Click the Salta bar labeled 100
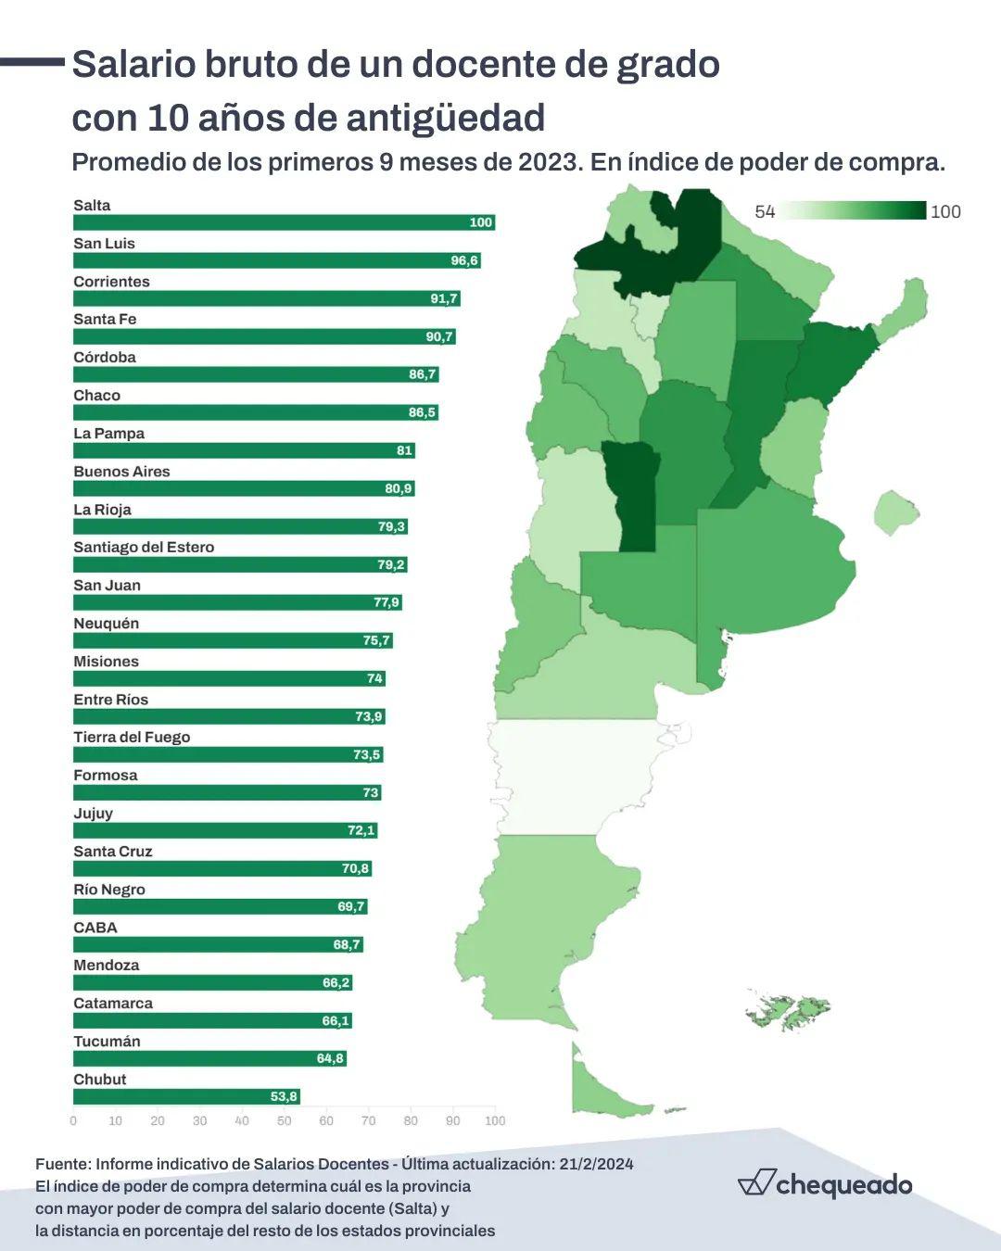pyautogui.click(x=284, y=222)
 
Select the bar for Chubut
pyautogui.click(x=185, y=1097)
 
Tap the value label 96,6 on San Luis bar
pyautogui.click(x=464, y=260)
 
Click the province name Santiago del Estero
pyautogui.click(x=144, y=548)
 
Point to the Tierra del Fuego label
pyautogui.click(x=132, y=738)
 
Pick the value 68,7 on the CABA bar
pyautogui.click(x=347, y=944)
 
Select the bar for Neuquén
pyautogui.click(x=232, y=640)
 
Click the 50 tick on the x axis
pyautogui.click(x=284, y=1121)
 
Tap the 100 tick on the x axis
pyautogui.click(x=495, y=1121)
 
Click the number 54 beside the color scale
pyautogui.click(x=765, y=211)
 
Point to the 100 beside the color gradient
pyautogui.click(x=945, y=211)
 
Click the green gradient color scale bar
pyautogui.click(x=853, y=210)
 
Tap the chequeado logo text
pyautogui.click(x=843, y=1184)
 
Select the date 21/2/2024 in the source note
pyautogui.click(x=596, y=1164)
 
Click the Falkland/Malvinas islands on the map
pyautogui.click(x=788, y=1010)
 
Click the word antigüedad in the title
pyautogui.click(x=445, y=119)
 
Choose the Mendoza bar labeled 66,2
pyautogui.click(x=212, y=982)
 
